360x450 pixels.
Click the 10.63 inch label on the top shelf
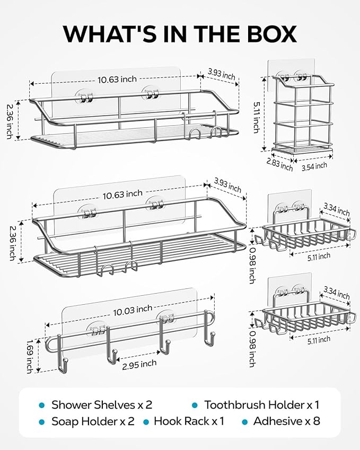(x=117, y=80)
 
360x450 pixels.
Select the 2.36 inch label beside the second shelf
(x=12, y=242)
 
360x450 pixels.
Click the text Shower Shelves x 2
(x=102, y=405)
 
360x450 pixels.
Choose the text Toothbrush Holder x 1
(x=262, y=405)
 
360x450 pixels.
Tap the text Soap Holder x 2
(x=93, y=422)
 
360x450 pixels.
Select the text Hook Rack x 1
(x=189, y=422)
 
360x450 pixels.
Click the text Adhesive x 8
(x=286, y=422)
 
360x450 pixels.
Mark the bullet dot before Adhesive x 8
(x=245, y=422)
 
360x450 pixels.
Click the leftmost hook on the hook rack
(x=64, y=365)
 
